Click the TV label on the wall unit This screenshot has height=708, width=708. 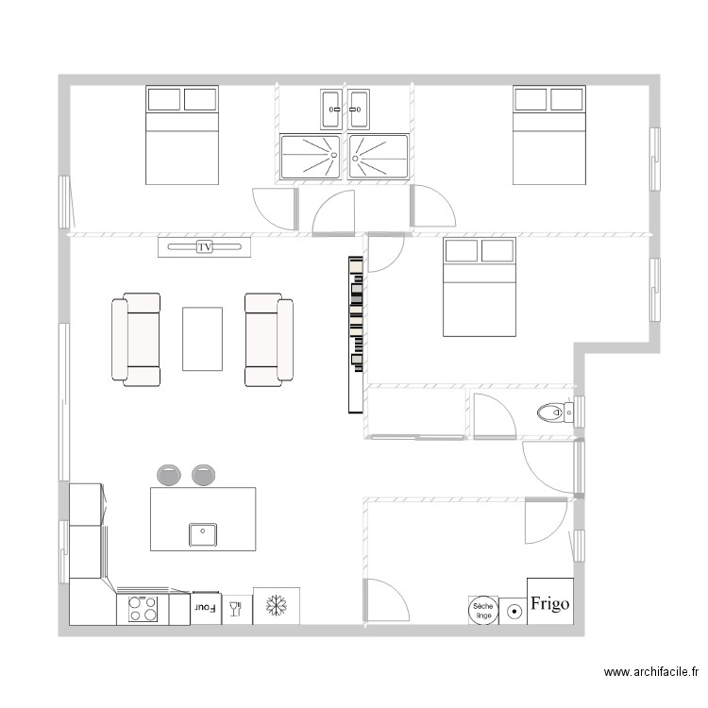point(204,247)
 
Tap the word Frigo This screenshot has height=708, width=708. point(549,603)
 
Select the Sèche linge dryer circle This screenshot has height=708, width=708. point(482,610)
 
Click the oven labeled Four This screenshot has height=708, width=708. point(206,609)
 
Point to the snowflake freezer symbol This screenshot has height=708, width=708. point(277,606)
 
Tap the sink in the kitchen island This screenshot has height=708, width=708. point(203,535)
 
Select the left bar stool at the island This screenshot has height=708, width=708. point(170,475)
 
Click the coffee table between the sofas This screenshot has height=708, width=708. point(203,339)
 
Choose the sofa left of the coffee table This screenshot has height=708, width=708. point(136,340)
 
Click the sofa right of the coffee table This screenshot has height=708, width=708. point(268,340)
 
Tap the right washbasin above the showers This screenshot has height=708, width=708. point(359,110)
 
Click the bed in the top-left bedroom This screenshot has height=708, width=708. point(182,135)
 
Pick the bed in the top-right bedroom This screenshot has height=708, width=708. point(549,135)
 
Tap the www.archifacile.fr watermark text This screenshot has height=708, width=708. point(650,672)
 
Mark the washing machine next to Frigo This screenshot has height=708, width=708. point(514,611)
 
